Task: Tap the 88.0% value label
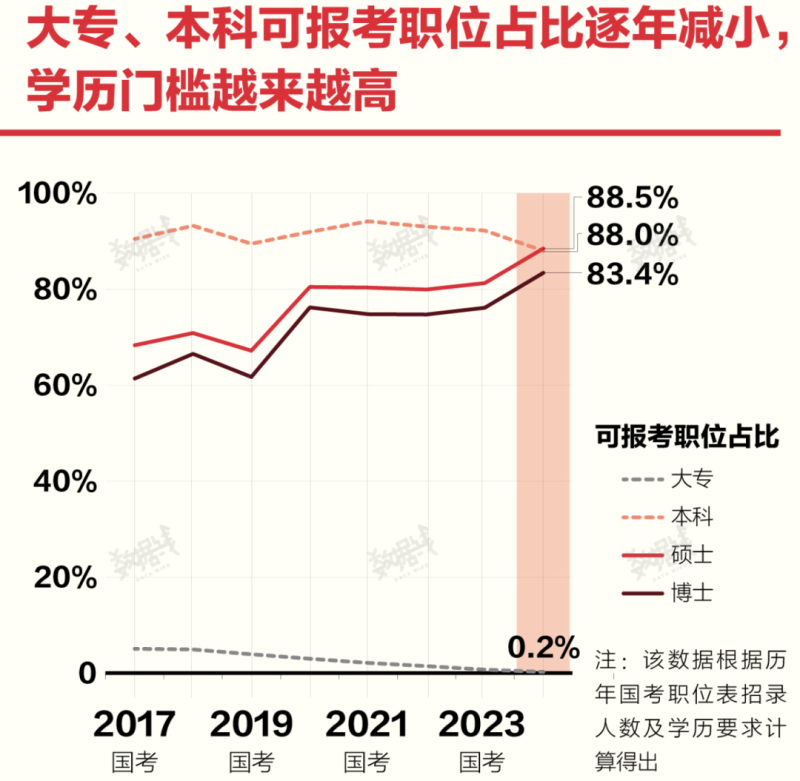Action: pos(633,236)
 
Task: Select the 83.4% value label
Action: pos(633,274)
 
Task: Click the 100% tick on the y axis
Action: pos(57,194)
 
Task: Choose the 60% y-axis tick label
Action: pos(63,386)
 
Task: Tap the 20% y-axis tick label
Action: pos(63,578)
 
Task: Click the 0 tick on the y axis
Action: pos(87,674)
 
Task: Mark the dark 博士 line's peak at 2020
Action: pos(309,307)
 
